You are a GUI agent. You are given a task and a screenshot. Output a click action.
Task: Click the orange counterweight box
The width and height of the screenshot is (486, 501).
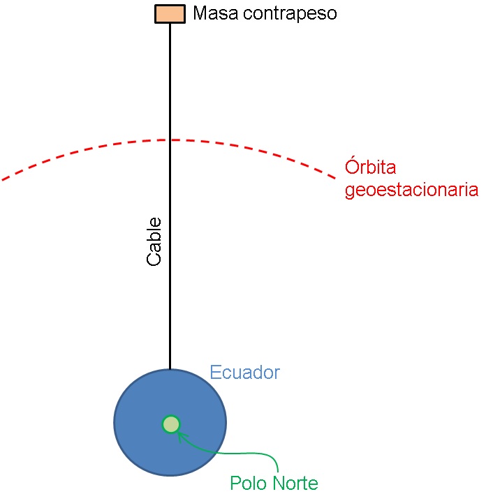pyautogui.click(x=170, y=14)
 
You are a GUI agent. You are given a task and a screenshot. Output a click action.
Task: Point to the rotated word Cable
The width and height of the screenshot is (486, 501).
pyautogui.click(x=154, y=241)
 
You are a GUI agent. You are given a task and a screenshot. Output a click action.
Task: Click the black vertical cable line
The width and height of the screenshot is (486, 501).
pyautogui.click(x=170, y=293)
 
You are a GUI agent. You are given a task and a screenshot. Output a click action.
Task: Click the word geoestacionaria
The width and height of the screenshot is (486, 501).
pyautogui.click(x=411, y=190)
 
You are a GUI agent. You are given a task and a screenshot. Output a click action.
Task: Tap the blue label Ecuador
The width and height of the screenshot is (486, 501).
pyautogui.click(x=244, y=372)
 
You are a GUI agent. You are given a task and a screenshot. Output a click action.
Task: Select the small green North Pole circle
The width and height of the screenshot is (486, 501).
pyautogui.click(x=170, y=424)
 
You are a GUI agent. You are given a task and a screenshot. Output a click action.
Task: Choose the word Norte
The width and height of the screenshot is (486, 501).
pyautogui.click(x=294, y=483)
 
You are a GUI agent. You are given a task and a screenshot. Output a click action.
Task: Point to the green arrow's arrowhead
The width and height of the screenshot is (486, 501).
pyautogui.click(x=180, y=435)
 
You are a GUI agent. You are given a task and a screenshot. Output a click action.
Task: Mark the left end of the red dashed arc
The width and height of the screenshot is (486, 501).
pyautogui.click(x=3, y=180)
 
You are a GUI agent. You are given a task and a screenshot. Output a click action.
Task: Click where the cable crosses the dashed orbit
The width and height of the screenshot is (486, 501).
pyautogui.click(x=170, y=140)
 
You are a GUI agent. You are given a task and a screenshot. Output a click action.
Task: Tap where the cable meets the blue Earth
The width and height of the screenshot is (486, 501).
pyautogui.click(x=170, y=369)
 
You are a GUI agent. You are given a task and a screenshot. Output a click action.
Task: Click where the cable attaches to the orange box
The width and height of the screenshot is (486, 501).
pyautogui.click(x=170, y=24)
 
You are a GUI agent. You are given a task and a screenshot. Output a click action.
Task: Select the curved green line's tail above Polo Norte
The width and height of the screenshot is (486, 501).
pyautogui.click(x=278, y=470)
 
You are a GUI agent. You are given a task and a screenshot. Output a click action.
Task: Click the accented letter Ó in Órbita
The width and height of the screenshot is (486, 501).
pyautogui.click(x=351, y=167)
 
